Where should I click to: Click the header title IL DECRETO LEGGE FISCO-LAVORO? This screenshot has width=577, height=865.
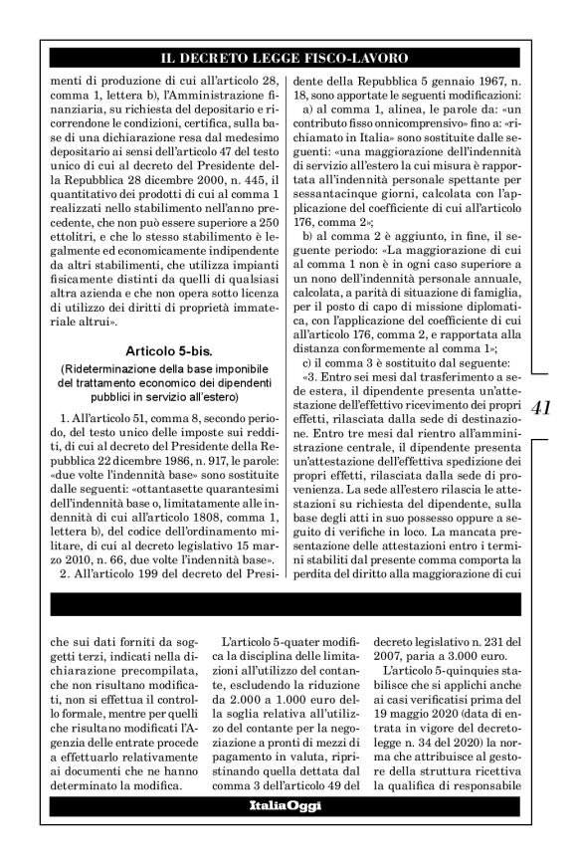(288, 57)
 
